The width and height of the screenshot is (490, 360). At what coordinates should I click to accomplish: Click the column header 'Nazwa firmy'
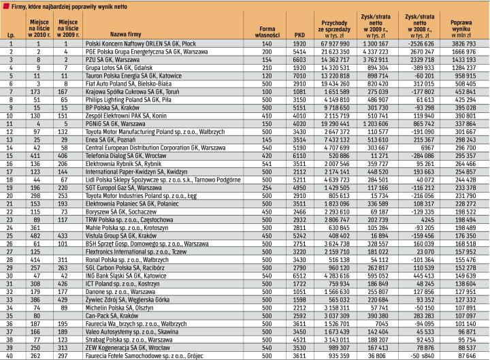coord(126,33)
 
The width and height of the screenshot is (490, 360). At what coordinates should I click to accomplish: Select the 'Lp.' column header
coord(11,33)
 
